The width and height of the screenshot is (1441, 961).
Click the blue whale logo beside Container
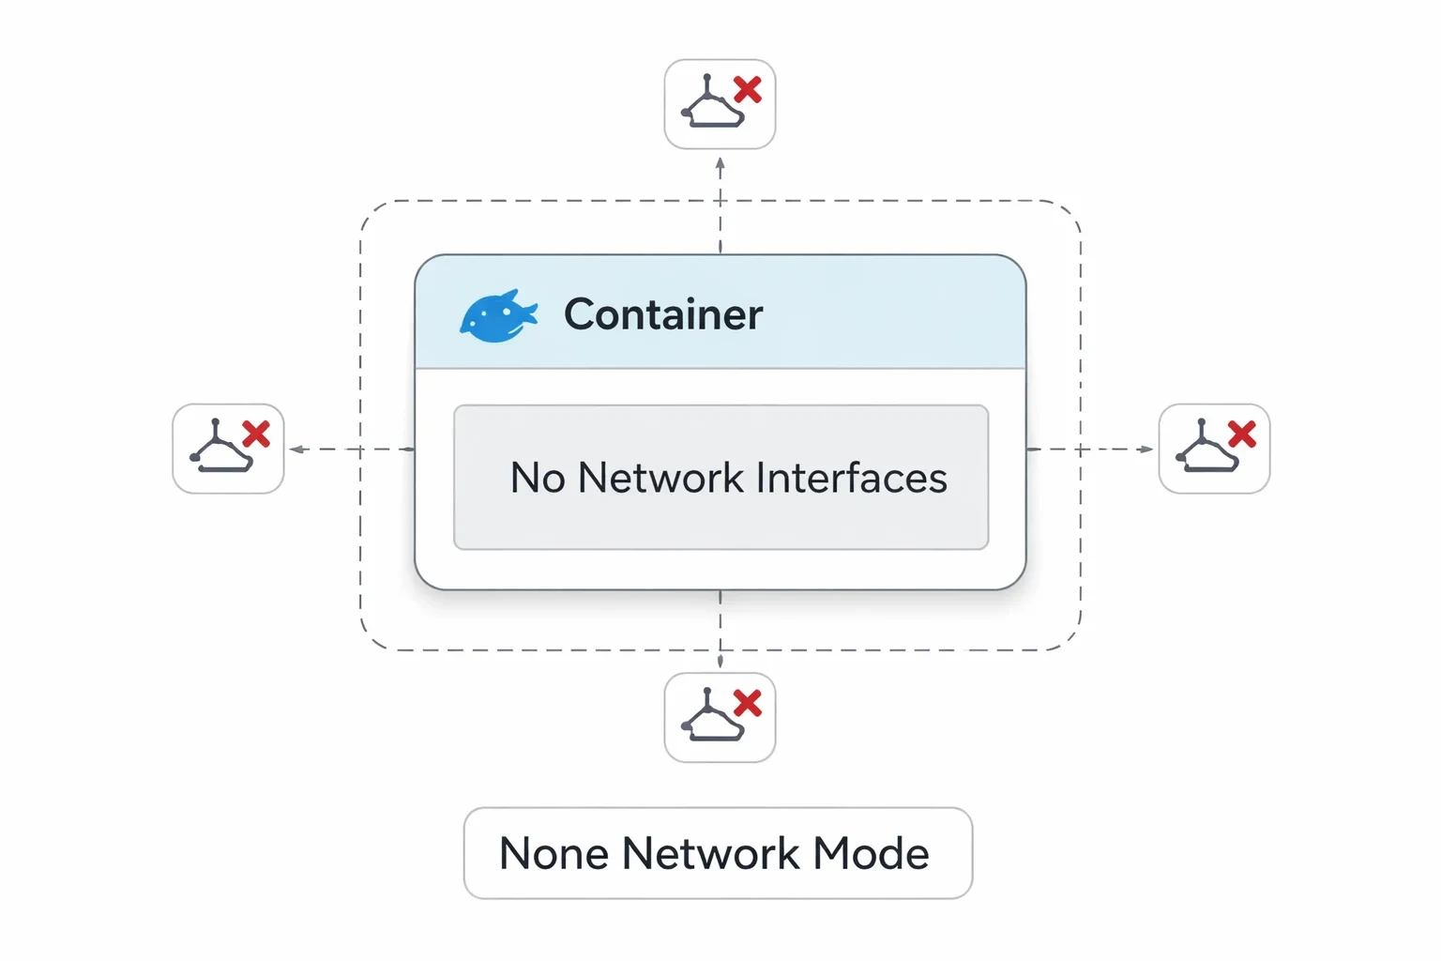pyautogui.click(x=498, y=315)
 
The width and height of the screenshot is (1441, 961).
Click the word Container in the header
pyautogui.click(x=663, y=314)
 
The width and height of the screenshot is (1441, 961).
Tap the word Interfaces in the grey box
pyautogui.click(x=851, y=478)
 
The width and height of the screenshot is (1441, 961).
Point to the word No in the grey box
pyautogui.click(x=538, y=478)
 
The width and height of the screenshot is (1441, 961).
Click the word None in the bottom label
pyautogui.click(x=554, y=853)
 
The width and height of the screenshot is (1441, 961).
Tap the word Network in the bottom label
pyautogui.click(x=711, y=853)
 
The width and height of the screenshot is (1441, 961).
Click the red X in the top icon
pyautogui.click(x=748, y=89)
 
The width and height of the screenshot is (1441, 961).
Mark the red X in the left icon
pyautogui.click(x=256, y=434)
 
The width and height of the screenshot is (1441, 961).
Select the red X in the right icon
pyautogui.click(x=1241, y=434)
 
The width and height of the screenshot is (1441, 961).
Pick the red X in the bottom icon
pyautogui.click(x=748, y=703)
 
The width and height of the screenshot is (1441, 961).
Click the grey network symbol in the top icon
pyautogui.click(x=711, y=103)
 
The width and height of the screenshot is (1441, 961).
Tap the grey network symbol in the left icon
pyautogui.click(x=220, y=447)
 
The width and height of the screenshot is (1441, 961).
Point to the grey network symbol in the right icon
pyautogui.click(x=1206, y=447)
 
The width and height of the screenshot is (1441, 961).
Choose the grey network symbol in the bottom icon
pyautogui.click(x=711, y=716)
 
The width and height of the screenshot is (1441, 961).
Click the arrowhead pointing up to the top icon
pyautogui.click(x=720, y=163)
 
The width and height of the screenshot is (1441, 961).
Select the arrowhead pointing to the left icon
pyautogui.click(x=296, y=450)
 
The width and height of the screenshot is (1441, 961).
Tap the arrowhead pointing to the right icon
pyautogui.click(x=1145, y=450)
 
